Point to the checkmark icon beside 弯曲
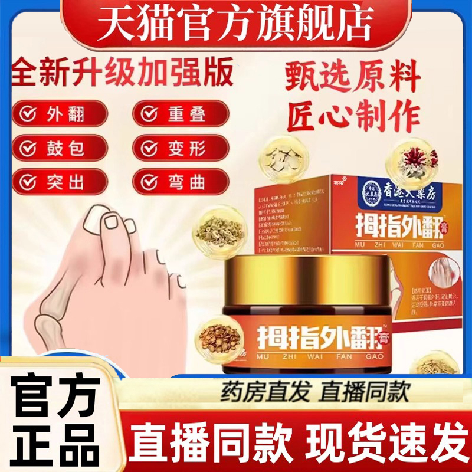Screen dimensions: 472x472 (x=146, y=182)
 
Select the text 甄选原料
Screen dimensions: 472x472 (x=353, y=81)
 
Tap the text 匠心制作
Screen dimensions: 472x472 (x=353, y=117)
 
